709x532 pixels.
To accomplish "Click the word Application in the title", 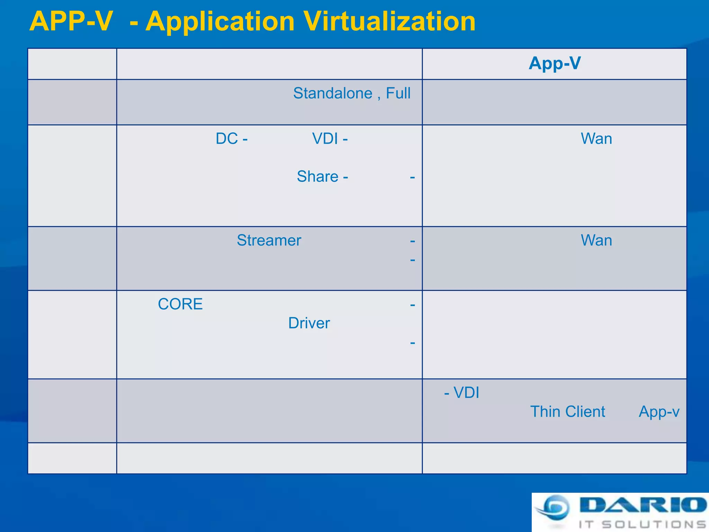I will (x=220, y=21).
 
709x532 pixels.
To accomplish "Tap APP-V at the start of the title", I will (x=71, y=21).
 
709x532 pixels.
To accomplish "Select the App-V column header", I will (x=555, y=63).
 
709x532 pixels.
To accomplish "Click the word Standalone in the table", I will (x=333, y=93).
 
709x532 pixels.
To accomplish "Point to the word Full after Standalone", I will (x=398, y=93).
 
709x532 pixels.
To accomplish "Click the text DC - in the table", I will (x=231, y=139).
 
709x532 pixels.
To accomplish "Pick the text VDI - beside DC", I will (x=330, y=139).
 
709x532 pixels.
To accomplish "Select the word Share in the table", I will (x=317, y=176).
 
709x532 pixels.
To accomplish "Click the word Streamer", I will (x=269, y=240).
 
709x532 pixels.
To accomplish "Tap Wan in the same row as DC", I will (x=596, y=139).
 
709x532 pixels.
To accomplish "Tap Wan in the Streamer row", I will (x=596, y=240).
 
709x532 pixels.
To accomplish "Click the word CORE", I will (x=180, y=304).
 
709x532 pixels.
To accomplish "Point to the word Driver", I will (x=309, y=323).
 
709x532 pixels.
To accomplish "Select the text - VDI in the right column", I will (x=462, y=393).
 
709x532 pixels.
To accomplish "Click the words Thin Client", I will (x=567, y=412).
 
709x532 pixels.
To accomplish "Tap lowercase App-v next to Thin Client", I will (x=659, y=412).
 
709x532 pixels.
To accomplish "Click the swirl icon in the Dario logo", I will (x=553, y=508).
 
